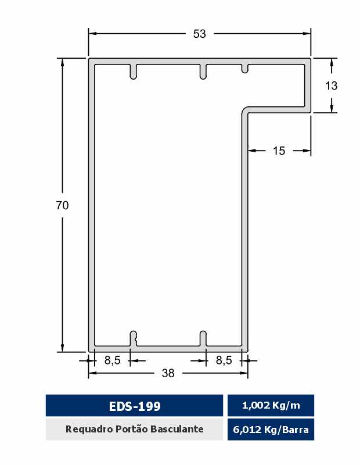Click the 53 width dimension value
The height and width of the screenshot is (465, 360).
click(x=199, y=34)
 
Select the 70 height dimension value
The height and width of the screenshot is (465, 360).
click(x=62, y=205)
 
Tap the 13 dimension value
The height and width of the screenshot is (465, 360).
click(x=332, y=85)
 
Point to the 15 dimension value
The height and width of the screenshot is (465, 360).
click(x=279, y=151)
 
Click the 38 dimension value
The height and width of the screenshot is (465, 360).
click(x=168, y=373)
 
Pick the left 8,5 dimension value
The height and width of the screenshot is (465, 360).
click(x=112, y=360)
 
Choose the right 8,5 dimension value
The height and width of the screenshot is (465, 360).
click(x=224, y=360)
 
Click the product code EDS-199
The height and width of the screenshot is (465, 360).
click(x=135, y=406)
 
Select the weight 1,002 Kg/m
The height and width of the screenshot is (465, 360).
click(x=271, y=405)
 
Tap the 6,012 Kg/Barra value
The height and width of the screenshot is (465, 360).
click(x=271, y=430)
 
